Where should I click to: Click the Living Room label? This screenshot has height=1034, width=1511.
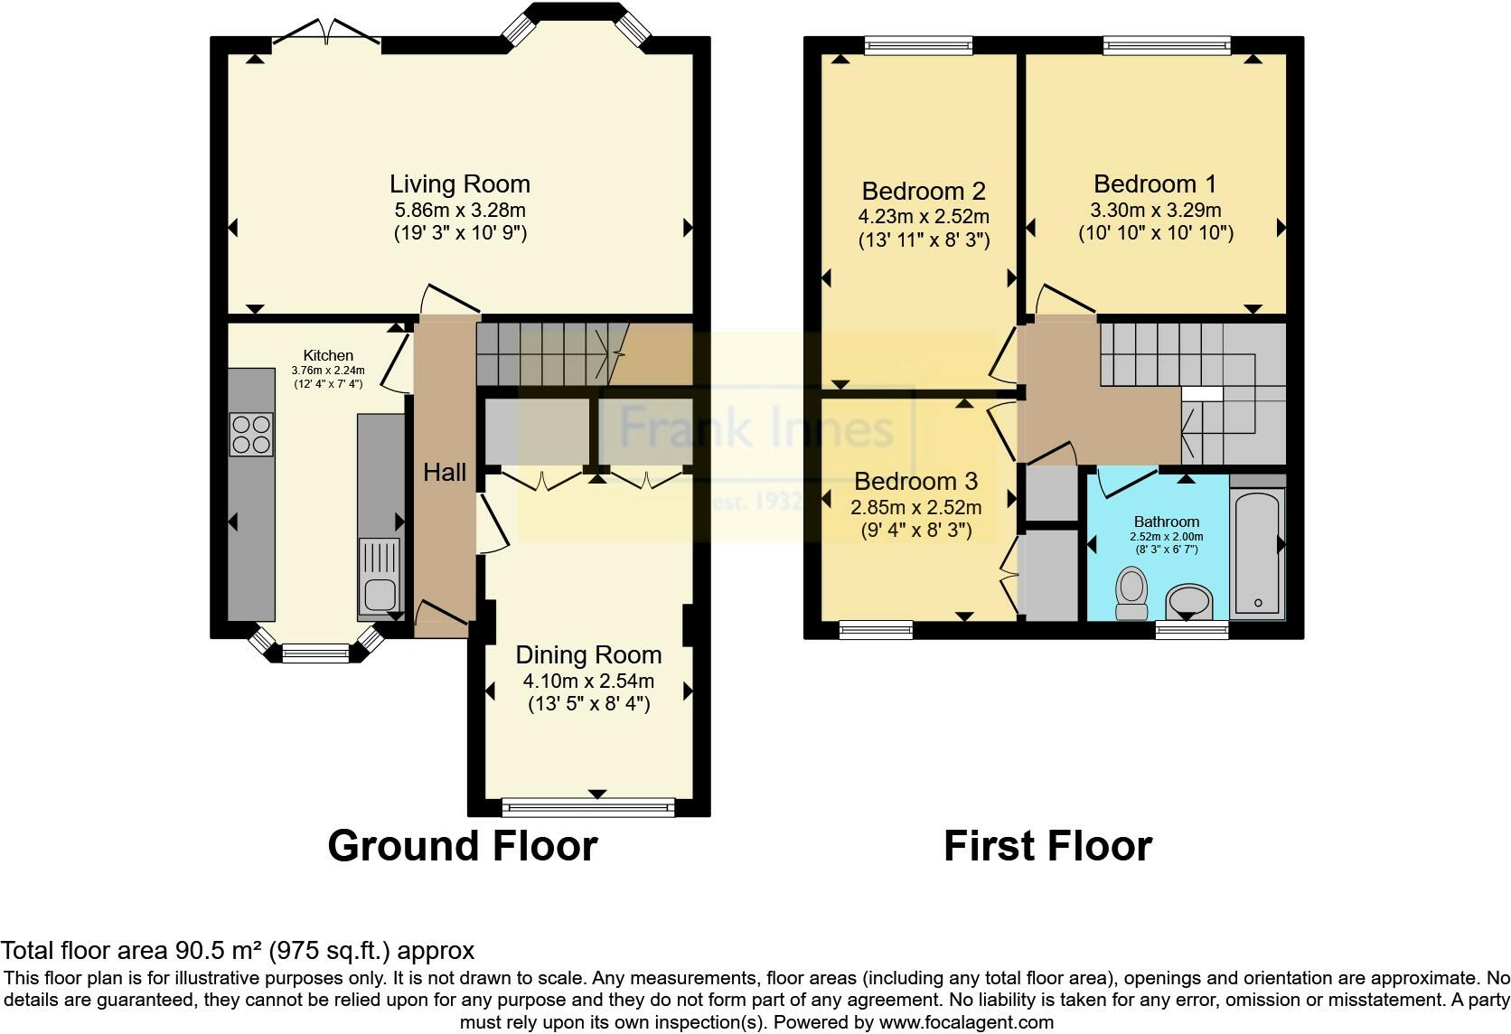(459, 184)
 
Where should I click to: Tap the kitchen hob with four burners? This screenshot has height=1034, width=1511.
(251, 434)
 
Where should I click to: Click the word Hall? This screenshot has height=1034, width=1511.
(445, 472)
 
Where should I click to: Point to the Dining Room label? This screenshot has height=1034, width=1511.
(588, 655)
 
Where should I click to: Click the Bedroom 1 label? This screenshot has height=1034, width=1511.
(1155, 184)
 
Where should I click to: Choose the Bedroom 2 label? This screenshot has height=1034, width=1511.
(924, 192)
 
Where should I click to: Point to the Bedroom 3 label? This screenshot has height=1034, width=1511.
(915, 482)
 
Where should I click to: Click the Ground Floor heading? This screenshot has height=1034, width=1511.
(463, 846)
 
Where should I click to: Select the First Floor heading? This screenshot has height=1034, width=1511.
(1047, 846)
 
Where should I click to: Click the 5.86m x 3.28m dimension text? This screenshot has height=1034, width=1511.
(459, 210)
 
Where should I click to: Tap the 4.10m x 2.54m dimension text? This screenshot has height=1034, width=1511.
(588, 681)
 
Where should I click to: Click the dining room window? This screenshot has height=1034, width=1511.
(588, 807)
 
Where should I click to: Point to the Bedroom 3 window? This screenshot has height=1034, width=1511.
(876, 630)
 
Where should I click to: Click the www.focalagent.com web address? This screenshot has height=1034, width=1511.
(966, 1022)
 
